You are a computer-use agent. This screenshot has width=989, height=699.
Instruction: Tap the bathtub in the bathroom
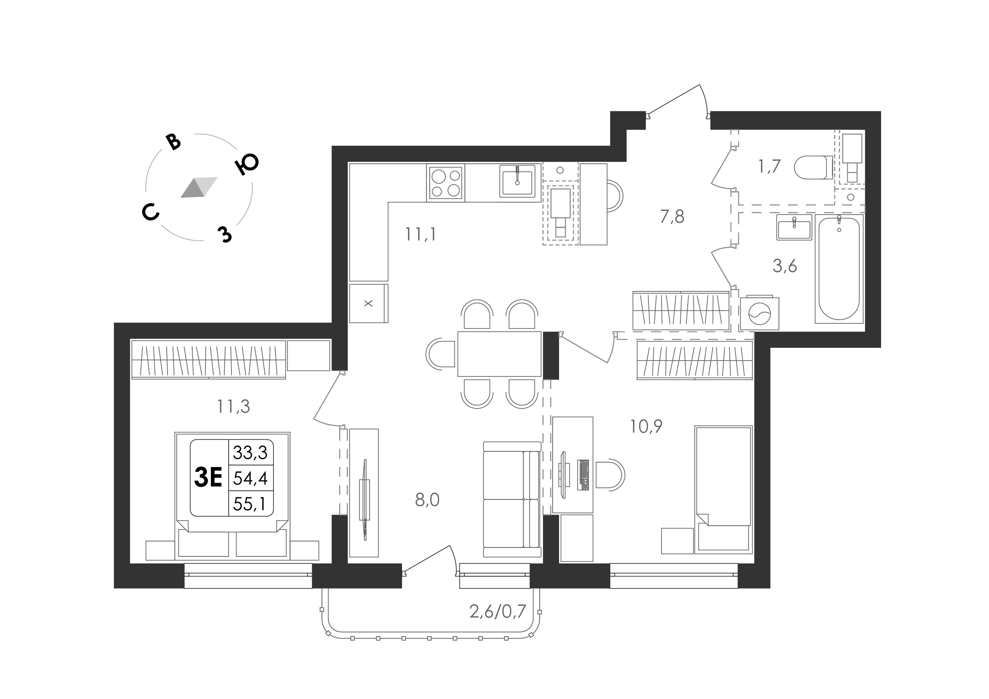click(839, 268)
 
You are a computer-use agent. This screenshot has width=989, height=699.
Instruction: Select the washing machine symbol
click(759, 313)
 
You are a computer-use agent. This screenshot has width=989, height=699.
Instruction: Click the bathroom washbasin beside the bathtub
click(794, 227)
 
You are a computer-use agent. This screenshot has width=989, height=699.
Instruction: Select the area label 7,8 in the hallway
click(672, 217)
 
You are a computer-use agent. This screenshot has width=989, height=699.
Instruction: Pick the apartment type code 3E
click(208, 478)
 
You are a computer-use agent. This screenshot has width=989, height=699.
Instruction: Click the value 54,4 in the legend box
click(250, 478)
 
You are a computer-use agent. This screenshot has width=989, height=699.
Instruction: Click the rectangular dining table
click(499, 354)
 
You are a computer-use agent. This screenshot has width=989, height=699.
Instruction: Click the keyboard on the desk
click(583, 475)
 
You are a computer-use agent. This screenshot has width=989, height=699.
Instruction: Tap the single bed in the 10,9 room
click(723, 490)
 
